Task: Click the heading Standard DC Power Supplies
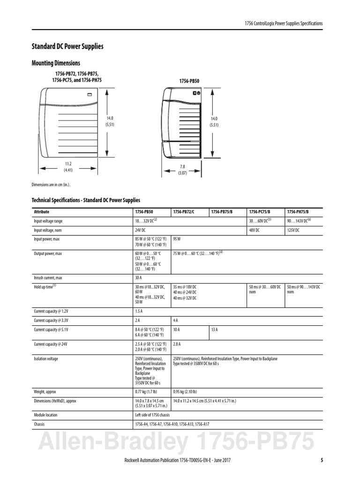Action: (67, 46)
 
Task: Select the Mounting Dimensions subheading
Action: (55, 63)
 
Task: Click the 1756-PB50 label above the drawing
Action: (189, 81)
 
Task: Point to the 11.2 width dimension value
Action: (68, 164)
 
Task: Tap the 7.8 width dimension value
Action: (183, 166)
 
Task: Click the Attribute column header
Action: (41, 212)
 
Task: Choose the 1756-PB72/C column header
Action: (184, 212)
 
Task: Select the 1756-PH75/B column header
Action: (298, 212)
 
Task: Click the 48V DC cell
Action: (256, 230)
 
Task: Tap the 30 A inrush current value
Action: (139, 277)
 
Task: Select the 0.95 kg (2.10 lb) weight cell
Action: (185, 391)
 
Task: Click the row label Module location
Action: (46, 415)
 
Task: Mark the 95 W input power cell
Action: (177, 239)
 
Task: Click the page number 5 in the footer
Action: (322, 460)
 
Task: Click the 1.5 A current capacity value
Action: (139, 311)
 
